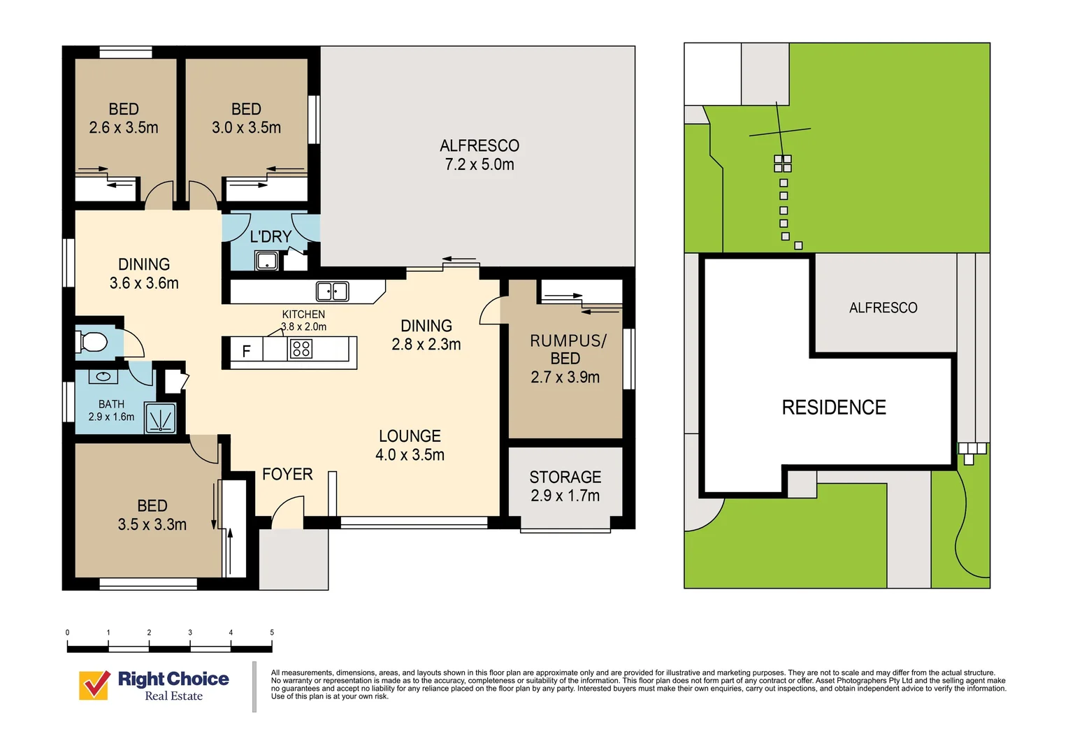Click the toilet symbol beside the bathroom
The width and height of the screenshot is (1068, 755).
click(x=92, y=342)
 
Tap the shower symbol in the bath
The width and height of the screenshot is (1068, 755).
click(x=160, y=419)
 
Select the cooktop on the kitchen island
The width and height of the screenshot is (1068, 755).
click(x=301, y=348)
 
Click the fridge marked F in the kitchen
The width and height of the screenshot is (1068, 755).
click(x=246, y=351)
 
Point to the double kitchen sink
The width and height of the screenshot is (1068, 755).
click(x=332, y=291)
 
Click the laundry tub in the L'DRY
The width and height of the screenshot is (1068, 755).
click(x=266, y=261)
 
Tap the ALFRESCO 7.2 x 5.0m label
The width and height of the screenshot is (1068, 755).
click(x=479, y=155)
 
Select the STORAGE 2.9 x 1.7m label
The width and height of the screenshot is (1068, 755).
click(x=565, y=487)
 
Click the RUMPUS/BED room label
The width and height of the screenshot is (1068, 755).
click(x=565, y=359)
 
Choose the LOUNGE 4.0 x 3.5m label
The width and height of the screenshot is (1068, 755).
click(x=410, y=445)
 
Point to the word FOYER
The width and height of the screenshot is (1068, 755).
click(x=287, y=474)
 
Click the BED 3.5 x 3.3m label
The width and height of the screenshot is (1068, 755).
click(x=152, y=515)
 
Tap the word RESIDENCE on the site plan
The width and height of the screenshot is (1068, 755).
click(x=834, y=408)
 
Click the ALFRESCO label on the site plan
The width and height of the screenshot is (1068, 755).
click(x=883, y=308)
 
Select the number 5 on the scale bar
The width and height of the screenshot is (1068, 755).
click(x=272, y=633)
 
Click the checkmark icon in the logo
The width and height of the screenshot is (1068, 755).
click(x=94, y=685)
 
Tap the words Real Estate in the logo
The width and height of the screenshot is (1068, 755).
click(x=173, y=696)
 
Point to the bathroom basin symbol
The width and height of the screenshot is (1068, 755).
click(x=103, y=377)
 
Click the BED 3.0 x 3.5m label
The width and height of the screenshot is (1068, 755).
click(x=246, y=118)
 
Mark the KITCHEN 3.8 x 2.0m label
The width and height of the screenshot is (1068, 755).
click(x=303, y=320)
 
